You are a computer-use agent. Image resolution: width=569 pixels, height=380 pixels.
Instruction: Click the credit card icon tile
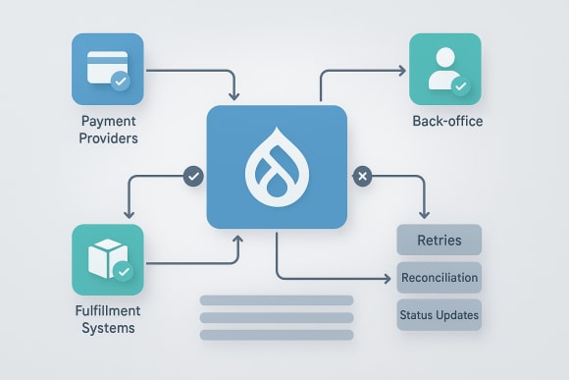click(x=107, y=69)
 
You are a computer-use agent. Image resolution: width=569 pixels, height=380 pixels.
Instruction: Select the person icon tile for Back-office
click(x=443, y=69)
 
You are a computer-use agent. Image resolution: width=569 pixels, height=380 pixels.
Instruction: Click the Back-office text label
click(x=447, y=123)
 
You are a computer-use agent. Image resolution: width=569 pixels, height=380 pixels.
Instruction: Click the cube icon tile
click(x=107, y=259)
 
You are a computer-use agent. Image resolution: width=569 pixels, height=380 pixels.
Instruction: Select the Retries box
click(x=439, y=240)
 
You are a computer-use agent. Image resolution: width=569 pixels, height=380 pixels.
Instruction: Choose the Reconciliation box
click(x=439, y=277)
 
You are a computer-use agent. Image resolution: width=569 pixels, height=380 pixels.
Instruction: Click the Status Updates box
click(x=439, y=314)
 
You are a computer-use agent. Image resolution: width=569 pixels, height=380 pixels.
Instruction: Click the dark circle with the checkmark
click(x=194, y=177)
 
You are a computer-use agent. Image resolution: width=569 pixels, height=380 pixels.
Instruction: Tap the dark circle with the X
click(x=361, y=177)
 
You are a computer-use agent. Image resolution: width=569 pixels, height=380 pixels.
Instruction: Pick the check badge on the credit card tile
click(x=121, y=81)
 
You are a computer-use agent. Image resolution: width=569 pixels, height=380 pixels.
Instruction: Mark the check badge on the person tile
click(x=459, y=85)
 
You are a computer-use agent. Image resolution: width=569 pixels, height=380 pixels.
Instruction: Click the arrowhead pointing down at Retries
click(x=424, y=214)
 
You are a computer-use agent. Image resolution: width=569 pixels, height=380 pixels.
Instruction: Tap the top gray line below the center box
click(x=276, y=300)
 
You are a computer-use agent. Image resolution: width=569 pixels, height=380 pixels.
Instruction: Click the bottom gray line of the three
click(x=276, y=335)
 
